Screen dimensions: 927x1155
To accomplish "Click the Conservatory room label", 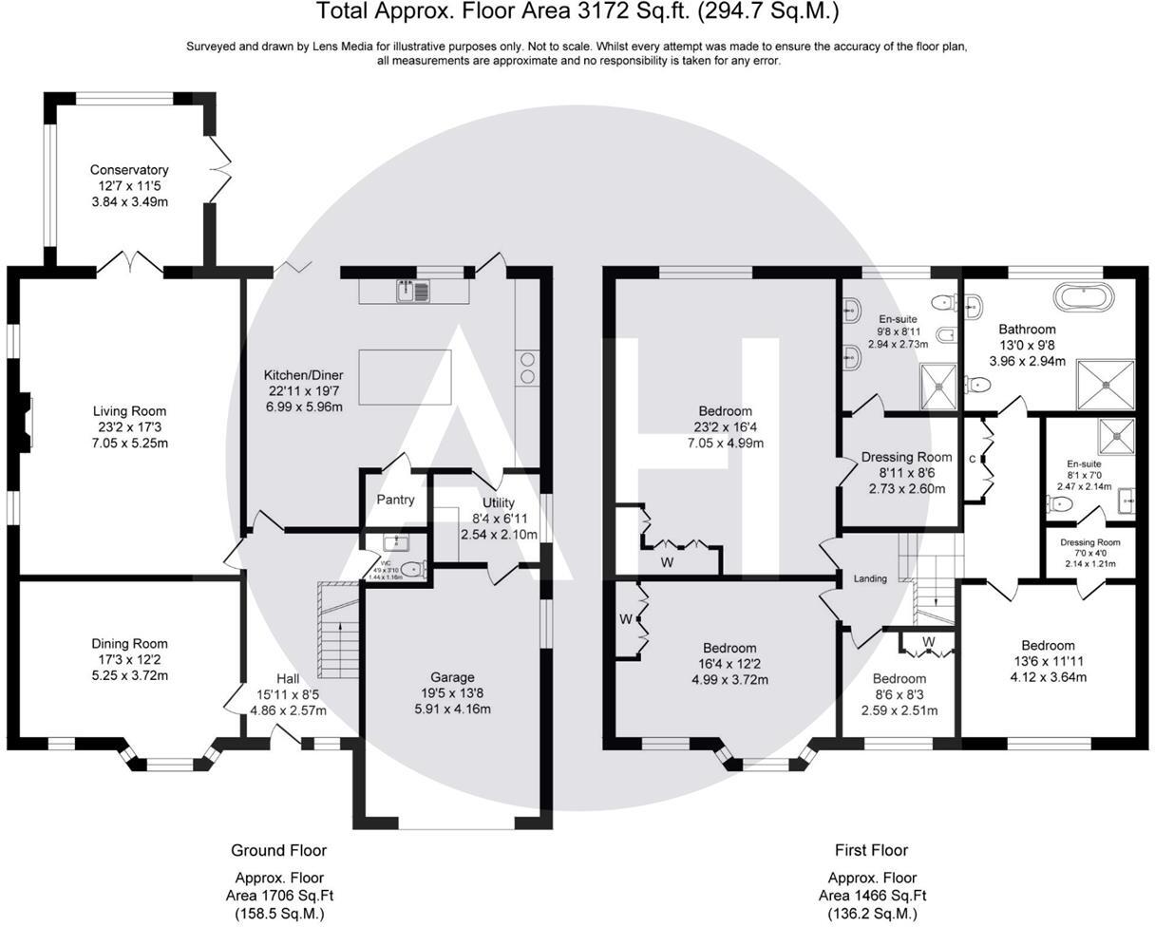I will click(129, 170).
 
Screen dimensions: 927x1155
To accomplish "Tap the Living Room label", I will click(129, 411).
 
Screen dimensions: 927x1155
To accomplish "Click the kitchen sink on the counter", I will click(415, 291).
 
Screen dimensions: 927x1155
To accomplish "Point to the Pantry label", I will click(395, 500).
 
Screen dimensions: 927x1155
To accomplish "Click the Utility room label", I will click(498, 502).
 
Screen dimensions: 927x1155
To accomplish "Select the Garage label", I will click(452, 677).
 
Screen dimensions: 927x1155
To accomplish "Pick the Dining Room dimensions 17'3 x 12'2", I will click(129, 659).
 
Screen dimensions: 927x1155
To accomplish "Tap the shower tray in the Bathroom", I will click(1105, 384).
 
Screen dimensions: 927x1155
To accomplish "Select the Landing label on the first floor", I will click(870, 578).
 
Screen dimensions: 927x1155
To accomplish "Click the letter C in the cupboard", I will click(972, 459).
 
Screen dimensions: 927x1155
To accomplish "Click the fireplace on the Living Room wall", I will click(28, 422).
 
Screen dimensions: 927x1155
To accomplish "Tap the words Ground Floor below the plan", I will click(278, 850).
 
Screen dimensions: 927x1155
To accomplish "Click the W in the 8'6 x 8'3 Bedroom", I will click(928, 642).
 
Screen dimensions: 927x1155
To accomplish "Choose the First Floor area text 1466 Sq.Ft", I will click(872, 895).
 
